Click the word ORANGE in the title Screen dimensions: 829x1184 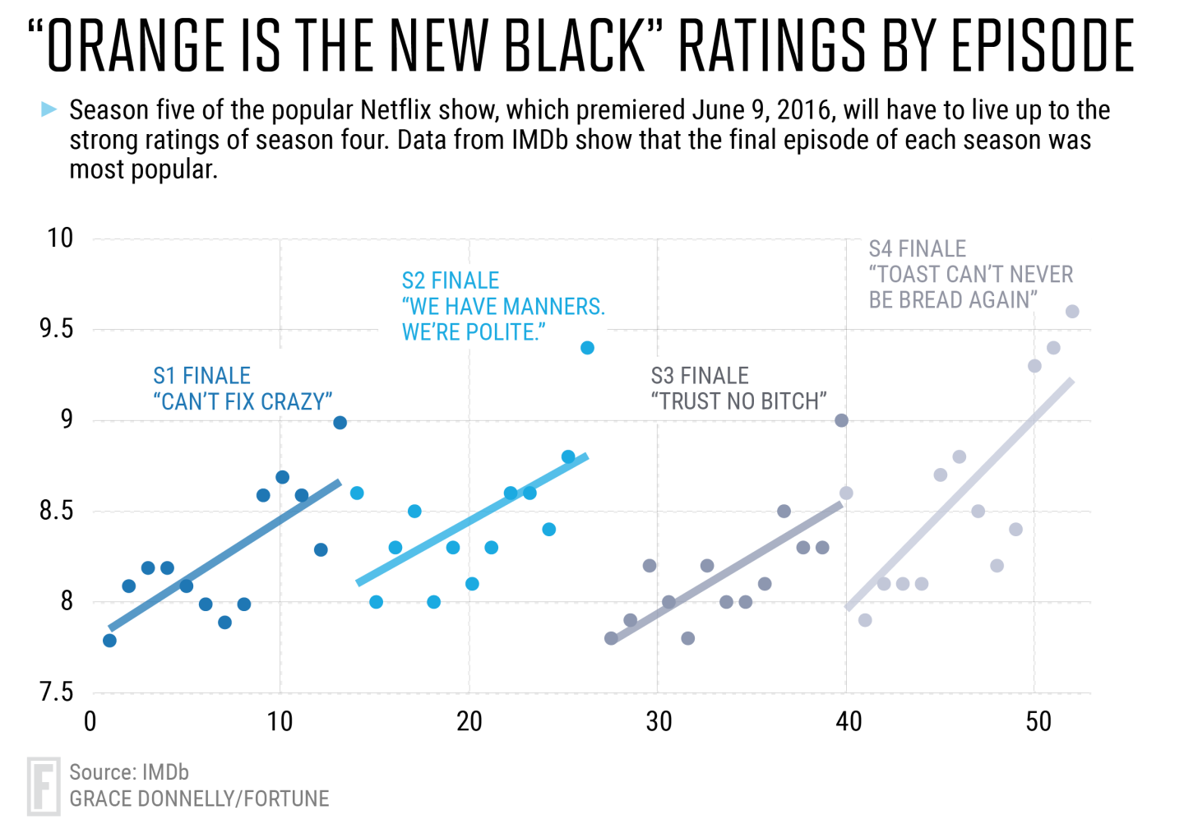point(136,46)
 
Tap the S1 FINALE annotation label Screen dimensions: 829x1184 point(201,376)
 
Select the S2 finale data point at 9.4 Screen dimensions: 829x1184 point(587,348)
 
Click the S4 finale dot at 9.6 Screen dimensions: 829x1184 point(1072,312)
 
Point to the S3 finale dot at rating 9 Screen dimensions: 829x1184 point(841,420)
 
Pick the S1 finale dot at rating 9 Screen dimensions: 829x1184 point(340,423)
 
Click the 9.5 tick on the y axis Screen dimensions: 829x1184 point(56,330)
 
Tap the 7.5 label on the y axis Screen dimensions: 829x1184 point(56,692)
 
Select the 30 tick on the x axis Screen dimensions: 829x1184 point(659,722)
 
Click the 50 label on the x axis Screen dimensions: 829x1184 point(1038,722)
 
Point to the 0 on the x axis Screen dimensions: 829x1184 point(90,722)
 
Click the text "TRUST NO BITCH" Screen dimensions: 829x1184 point(738,402)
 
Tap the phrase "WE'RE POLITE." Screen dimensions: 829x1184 point(474,333)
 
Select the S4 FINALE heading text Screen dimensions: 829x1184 point(917,249)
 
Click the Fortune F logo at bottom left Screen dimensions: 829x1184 point(43,786)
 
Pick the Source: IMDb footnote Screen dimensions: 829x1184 point(129,772)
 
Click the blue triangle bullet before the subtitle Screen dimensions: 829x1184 point(49,109)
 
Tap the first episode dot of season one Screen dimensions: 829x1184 point(109,641)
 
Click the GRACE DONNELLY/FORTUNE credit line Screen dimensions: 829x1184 point(199,799)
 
